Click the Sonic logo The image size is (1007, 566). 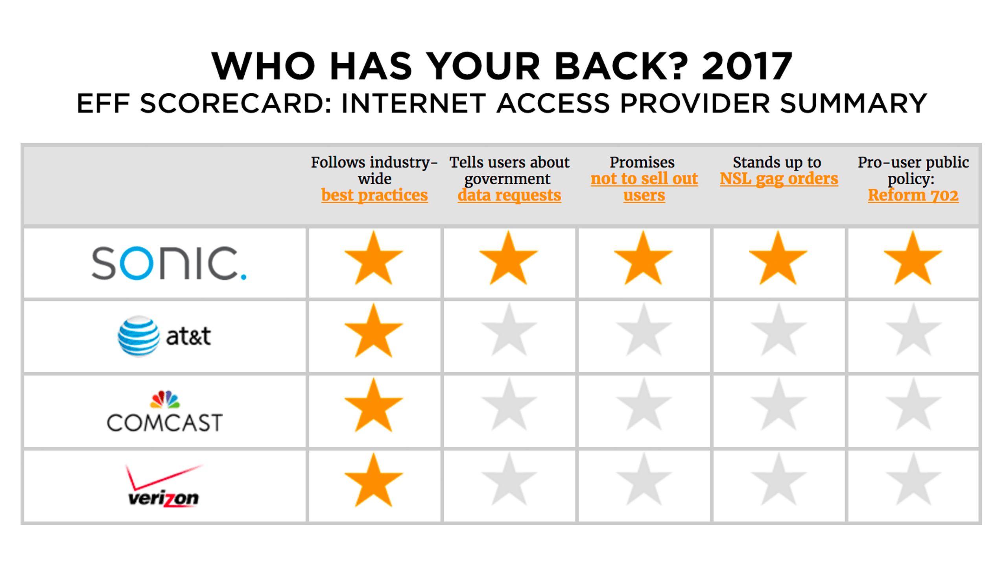[x=169, y=263]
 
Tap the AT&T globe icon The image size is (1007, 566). [x=138, y=336]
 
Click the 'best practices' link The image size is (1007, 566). [x=374, y=195]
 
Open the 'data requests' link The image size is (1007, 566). [x=509, y=195]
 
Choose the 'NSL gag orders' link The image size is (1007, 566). [x=778, y=179]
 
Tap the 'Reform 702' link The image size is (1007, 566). [x=913, y=195]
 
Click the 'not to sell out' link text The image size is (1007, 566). [x=644, y=179]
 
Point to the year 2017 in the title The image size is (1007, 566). [x=747, y=66]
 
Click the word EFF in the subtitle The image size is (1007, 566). [x=103, y=103]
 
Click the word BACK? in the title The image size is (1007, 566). [x=622, y=66]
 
